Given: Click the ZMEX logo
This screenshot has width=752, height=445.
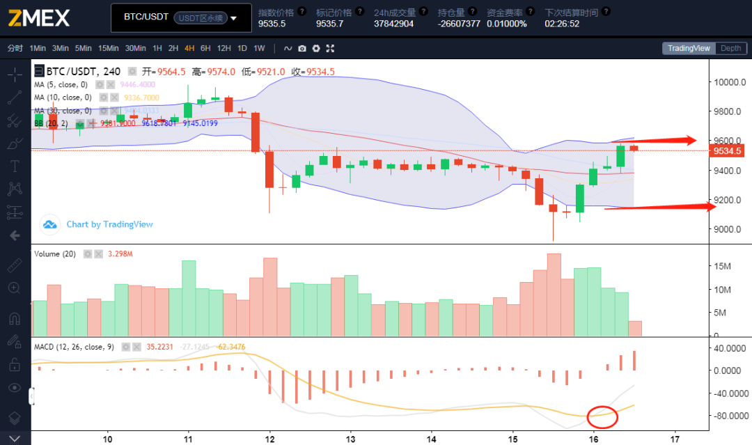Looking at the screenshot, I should point(39,17).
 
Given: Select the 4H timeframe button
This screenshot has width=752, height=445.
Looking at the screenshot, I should point(189,48).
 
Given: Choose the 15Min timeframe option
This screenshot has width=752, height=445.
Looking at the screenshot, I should point(108,48).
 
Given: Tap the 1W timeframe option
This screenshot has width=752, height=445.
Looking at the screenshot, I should point(259,48).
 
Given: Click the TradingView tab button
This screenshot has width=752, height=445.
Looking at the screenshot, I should point(688,48).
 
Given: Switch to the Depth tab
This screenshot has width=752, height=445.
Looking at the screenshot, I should point(730,48).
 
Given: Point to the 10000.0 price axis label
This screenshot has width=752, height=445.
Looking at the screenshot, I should point(730,82).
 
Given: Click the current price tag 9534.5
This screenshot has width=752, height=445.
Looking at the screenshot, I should point(728,150).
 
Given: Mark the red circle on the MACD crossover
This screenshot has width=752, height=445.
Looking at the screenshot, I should point(602,416).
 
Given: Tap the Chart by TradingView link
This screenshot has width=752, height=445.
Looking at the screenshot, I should point(109,224).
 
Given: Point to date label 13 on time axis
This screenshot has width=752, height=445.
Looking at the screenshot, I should point(351,439).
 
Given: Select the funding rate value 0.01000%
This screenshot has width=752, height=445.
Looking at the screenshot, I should point(506,23).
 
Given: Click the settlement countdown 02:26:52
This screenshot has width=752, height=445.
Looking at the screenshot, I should point(563,23).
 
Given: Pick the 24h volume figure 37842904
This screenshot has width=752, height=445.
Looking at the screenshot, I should point(393,23).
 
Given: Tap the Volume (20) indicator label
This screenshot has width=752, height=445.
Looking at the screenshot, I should point(55,253).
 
